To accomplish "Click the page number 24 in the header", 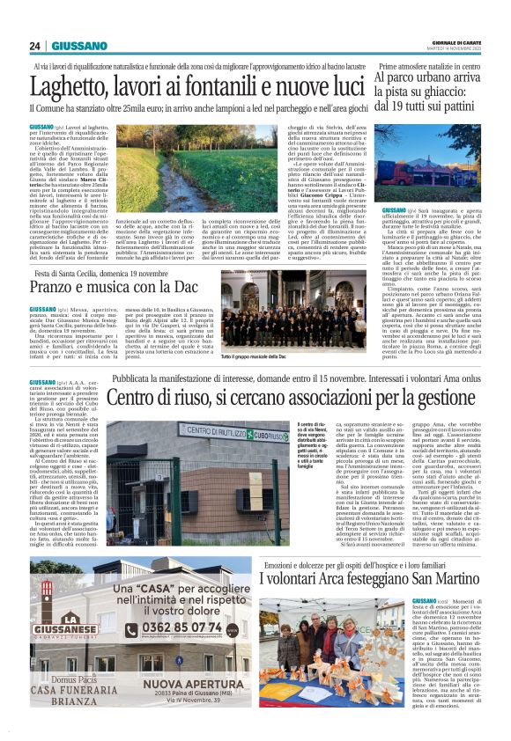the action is click(x=34, y=46).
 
